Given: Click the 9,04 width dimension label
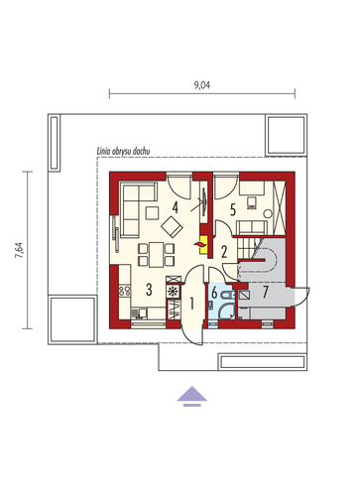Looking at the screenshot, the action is coord(201,85).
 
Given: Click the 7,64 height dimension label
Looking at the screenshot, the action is coord(20,250).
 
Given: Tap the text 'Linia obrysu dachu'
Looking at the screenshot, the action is coord(123,152).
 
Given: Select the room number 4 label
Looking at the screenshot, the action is coord(176,207).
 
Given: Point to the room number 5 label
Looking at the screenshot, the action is coord(233,210).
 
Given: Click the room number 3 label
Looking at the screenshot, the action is coord(149,290).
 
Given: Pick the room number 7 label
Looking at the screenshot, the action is coord(265,293).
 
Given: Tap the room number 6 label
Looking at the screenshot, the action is coord(214,294).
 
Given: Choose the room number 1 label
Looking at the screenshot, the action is coord(191,304).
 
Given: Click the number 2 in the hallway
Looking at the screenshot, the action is coord(224,252).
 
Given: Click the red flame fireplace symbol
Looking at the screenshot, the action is coord(199,245).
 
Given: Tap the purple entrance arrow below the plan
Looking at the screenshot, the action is coord(191,396).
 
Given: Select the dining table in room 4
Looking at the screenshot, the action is coord(157,255).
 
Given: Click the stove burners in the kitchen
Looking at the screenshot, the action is coord(125,291).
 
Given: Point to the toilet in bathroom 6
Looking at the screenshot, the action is coord(228,295).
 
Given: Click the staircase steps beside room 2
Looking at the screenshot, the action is coord(245,249).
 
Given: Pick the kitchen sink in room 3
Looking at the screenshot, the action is coord(139,313).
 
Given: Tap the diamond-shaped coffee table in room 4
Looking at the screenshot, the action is coord(172,226).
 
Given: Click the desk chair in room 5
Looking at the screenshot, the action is coord(252,202).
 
